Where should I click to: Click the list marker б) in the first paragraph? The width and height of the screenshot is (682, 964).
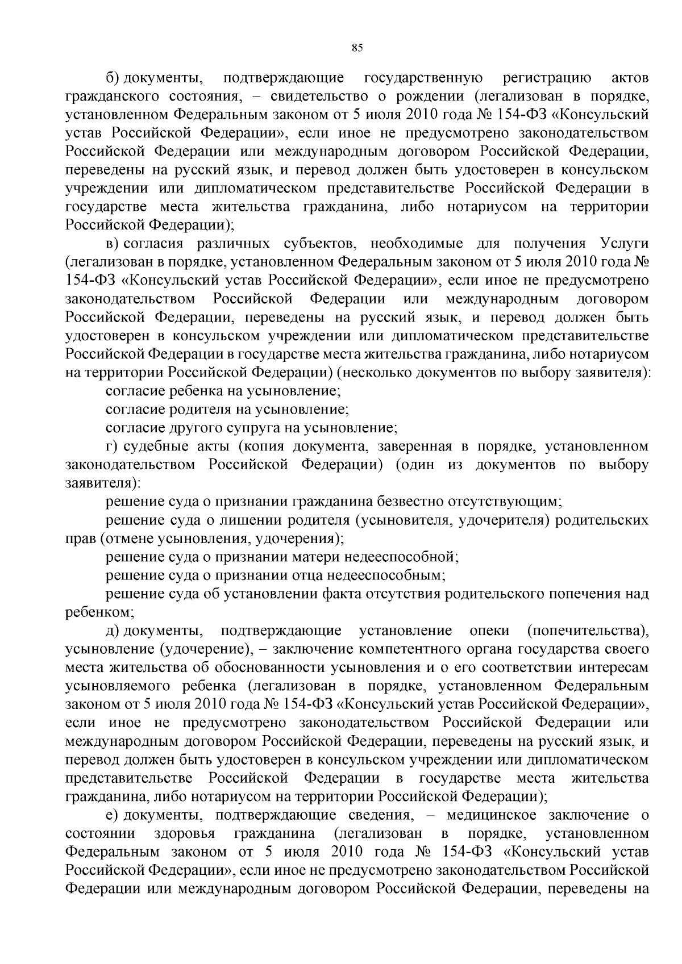tap(113, 78)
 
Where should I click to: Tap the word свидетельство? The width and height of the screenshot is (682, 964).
tap(319, 96)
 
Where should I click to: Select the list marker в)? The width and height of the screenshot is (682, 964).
tap(113, 244)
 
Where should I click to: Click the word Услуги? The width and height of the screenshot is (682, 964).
tap(623, 244)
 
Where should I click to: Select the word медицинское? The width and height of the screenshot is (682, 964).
tap(491, 815)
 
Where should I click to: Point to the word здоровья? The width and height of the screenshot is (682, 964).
tap(184, 833)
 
